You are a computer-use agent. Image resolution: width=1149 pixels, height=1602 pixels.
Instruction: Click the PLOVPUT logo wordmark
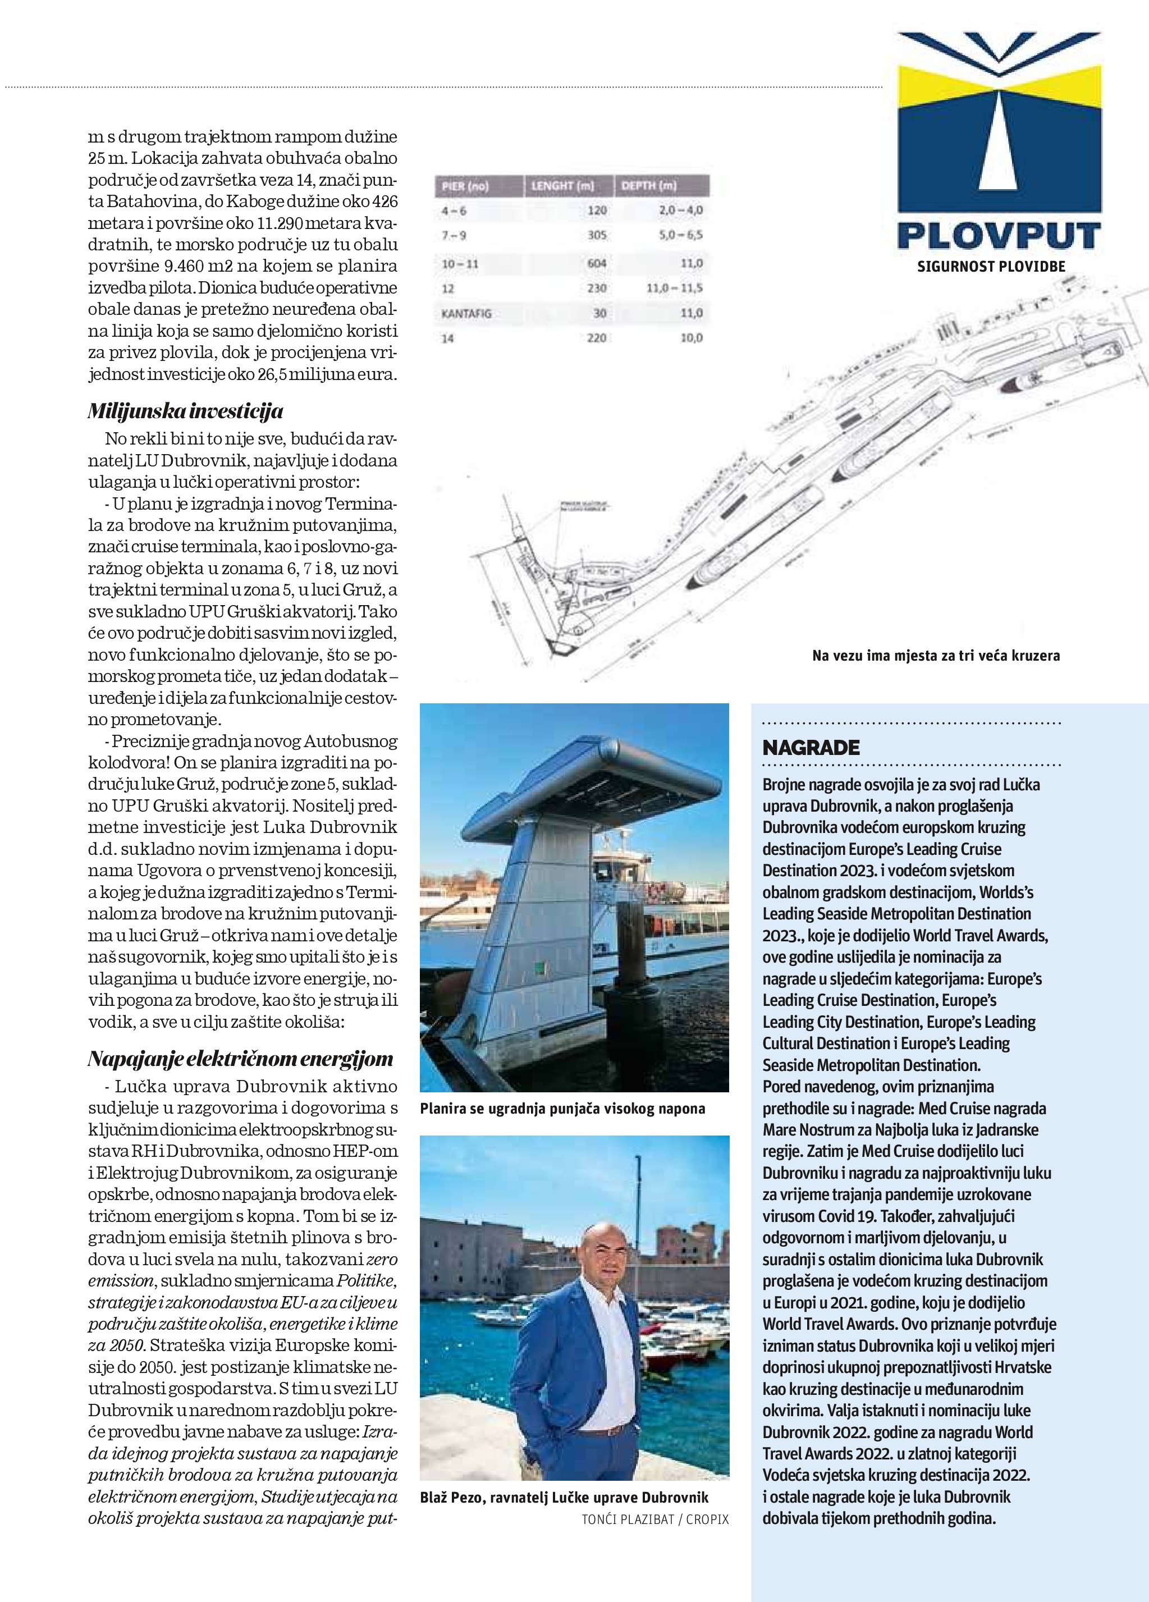[x=998, y=235]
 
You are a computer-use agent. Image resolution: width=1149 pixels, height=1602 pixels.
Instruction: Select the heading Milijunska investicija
[x=185, y=412]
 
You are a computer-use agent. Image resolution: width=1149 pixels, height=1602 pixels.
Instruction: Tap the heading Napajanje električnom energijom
[x=240, y=1059]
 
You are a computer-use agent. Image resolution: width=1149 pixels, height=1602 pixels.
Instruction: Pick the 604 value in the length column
[x=596, y=263]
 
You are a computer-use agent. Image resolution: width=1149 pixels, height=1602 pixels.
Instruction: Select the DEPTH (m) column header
[x=648, y=186]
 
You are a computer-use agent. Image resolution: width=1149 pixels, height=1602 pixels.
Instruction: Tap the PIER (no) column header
[x=465, y=186]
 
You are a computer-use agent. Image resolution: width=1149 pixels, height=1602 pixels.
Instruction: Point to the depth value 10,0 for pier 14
[x=692, y=338]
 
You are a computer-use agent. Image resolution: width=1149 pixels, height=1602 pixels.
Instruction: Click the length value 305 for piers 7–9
[x=597, y=236]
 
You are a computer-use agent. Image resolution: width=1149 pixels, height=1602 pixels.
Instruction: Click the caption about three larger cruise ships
[x=936, y=656]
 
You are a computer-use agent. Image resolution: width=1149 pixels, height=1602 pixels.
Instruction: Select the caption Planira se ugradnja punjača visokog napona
[x=562, y=1108]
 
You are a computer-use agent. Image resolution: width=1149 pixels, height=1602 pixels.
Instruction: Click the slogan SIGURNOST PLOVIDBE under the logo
[x=990, y=267]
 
